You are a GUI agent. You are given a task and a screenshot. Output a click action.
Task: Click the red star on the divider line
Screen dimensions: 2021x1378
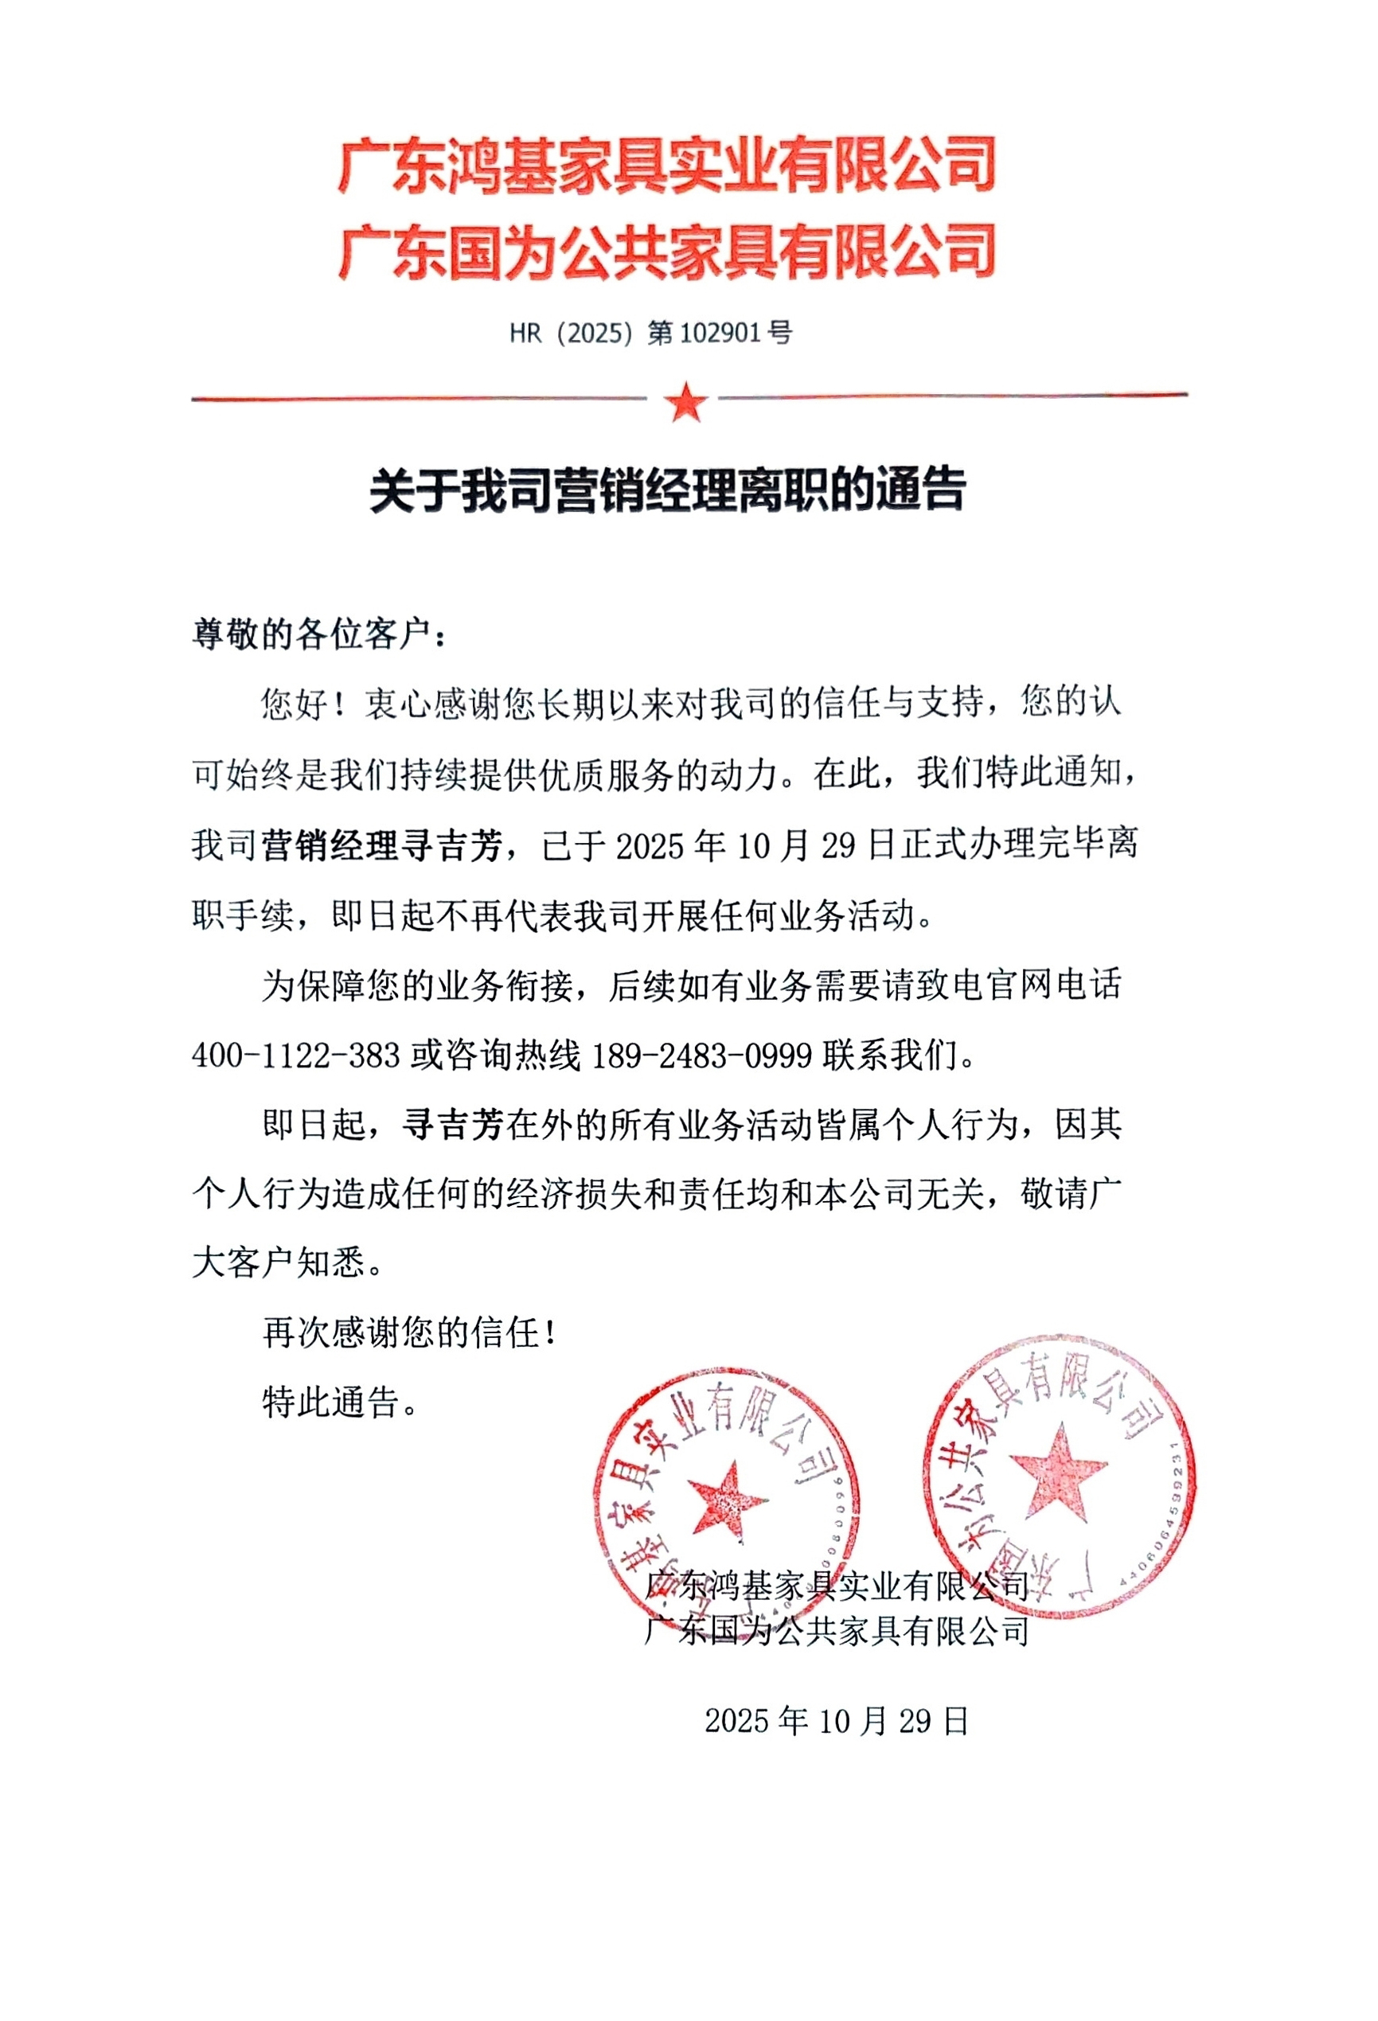(x=685, y=401)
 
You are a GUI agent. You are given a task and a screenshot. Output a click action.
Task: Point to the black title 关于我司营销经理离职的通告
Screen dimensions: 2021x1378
(x=667, y=490)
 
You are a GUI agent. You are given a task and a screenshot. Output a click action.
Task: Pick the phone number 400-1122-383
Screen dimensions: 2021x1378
(x=296, y=1055)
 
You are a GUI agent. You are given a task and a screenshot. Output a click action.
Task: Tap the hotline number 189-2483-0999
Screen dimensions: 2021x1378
(x=701, y=1055)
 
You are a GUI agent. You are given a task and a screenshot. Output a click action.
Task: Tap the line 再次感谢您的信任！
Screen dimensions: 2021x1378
(x=409, y=1332)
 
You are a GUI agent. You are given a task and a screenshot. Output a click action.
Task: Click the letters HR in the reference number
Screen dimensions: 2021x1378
(x=526, y=333)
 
